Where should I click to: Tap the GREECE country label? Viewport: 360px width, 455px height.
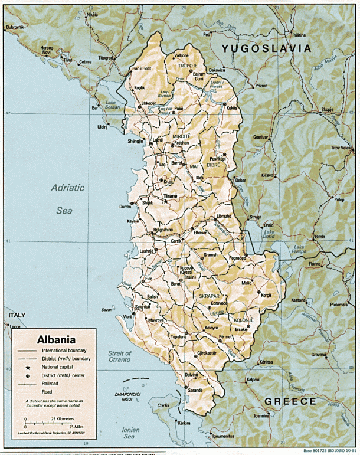(290, 401)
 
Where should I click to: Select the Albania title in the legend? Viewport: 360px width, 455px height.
(56, 340)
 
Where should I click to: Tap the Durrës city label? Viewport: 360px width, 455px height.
(126, 207)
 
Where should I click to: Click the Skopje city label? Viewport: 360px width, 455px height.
(328, 109)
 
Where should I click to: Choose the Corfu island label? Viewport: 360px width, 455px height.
(163, 405)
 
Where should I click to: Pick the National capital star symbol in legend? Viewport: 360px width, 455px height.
(28, 367)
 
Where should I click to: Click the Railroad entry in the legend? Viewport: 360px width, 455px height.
(52, 383)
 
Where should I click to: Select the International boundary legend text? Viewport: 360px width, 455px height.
(64, 351)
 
